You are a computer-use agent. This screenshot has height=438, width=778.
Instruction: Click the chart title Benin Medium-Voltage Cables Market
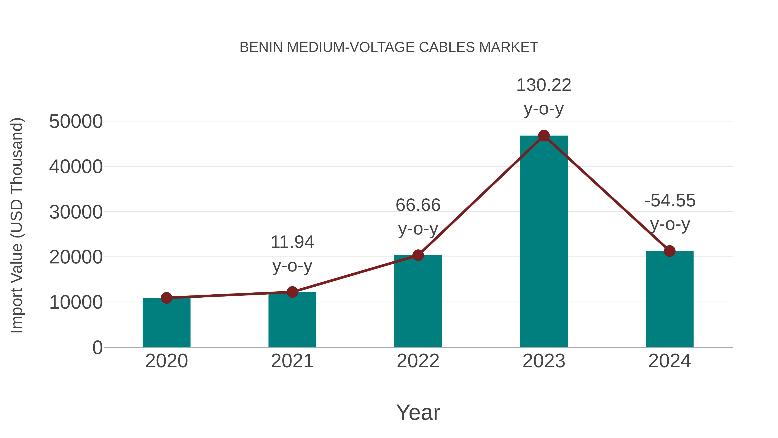389,47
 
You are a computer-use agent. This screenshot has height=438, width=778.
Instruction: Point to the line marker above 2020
166,298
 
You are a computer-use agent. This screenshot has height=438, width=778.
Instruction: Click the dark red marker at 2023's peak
544,136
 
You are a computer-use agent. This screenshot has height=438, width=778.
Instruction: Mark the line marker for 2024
670,251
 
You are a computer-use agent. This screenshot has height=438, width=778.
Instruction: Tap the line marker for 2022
418,255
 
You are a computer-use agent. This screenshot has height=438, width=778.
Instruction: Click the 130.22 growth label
544,85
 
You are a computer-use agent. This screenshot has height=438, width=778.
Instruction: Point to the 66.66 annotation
418,205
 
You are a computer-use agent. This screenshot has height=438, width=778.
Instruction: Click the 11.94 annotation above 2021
292,242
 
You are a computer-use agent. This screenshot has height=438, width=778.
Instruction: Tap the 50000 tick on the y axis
76,122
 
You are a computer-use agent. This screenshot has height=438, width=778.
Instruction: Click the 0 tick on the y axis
97,348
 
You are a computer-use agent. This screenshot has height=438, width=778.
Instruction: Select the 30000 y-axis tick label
76,212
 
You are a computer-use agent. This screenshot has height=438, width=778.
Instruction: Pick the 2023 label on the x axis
544,361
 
